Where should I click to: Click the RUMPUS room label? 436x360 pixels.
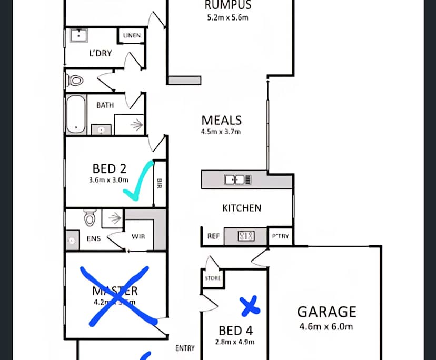pyautogui.click(x=227, y=6)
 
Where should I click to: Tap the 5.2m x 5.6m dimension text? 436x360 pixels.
pyautogui.click(x=227, y=17)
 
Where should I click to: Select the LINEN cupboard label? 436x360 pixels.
pyautogui.click(x=132, y=36)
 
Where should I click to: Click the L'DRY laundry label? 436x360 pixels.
pyautogui.click(x=100, y=53)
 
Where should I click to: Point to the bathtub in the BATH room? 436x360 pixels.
pyautogui.click(x=76, y=114)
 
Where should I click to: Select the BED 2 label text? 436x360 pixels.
pyautogui.click(x=110, y=169)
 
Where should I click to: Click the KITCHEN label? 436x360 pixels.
pyautogui.click(x=242, y=208)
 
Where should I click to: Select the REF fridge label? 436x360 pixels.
pyautogui.click(x=213, y=236)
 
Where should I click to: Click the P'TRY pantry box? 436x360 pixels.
pyautogui.click(x=280, y=236)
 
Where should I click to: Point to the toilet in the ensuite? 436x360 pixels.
pyautogui.click(x=89, y=216)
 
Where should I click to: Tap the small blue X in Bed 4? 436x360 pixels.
pyautogui.click(x=250, y=306)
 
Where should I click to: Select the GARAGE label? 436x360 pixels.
pyautogui.click(x=326, y=312)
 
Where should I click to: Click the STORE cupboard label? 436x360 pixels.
pyautogui.click(x=213, y=278)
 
